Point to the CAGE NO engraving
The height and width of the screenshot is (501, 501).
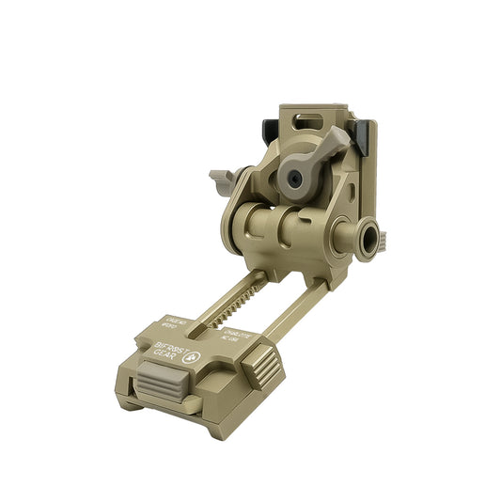[x=177, y=324]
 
